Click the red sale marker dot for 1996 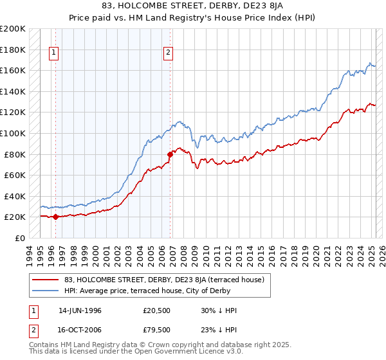coord(55,217)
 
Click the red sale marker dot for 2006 coord(170,154)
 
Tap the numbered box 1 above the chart coord(53,53)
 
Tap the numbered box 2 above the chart coord(168,53)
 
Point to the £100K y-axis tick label coord(13,133)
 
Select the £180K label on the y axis coord(13,50)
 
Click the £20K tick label coord(15,217)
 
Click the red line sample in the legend coord(46,280)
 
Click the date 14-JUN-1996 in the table coord(80,310)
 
